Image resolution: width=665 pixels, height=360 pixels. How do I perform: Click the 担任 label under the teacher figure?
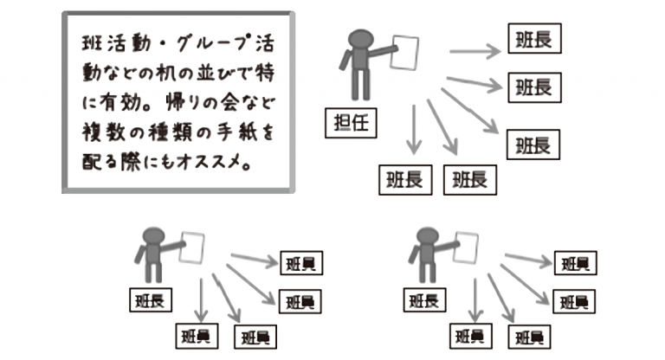click(x=351, y=123)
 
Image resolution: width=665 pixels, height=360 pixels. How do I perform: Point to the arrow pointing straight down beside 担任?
click(x=414, y=130)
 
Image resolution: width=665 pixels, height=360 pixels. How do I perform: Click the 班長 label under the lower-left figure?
click(x=149, y=299)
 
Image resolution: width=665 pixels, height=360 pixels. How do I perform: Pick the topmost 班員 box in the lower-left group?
click(x=300, y=264)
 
